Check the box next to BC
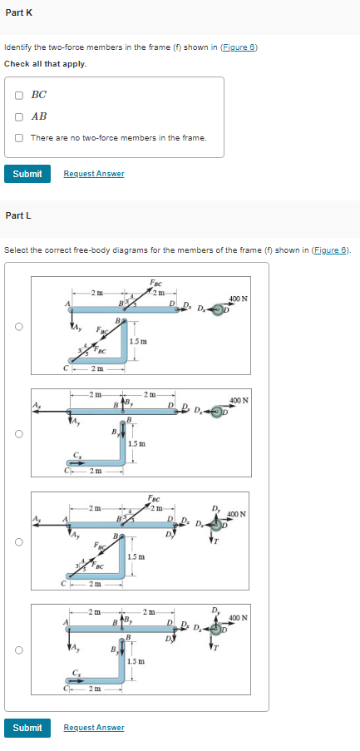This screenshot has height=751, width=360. point(18,96)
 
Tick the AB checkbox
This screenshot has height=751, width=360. point(18,116)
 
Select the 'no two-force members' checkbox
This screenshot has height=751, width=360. point(18,137)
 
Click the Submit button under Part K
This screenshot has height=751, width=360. point(27,173)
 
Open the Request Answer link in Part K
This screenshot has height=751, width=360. point(93,173)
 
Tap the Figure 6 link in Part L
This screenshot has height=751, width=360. point(331,250)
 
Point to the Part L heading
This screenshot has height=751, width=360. point(18,215)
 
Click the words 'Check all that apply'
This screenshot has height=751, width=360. point(46,64)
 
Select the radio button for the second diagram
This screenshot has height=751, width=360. point(17,433)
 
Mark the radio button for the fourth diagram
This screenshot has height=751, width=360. point(17,649)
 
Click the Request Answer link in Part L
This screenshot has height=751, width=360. point(93,728)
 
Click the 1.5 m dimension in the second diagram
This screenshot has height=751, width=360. point(139,442)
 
